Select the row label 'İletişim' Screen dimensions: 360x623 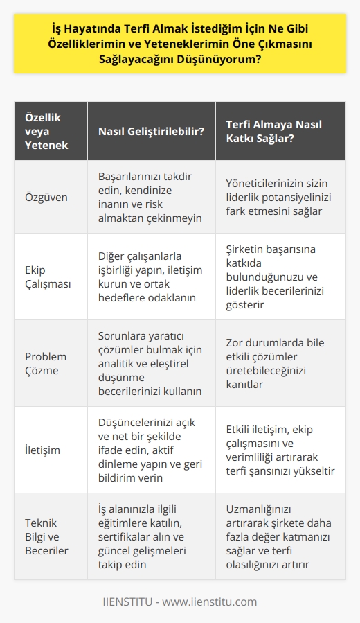(41, 450)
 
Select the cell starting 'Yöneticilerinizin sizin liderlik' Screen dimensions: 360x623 (275, 196)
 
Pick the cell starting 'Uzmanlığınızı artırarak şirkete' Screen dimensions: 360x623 (275, 536)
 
